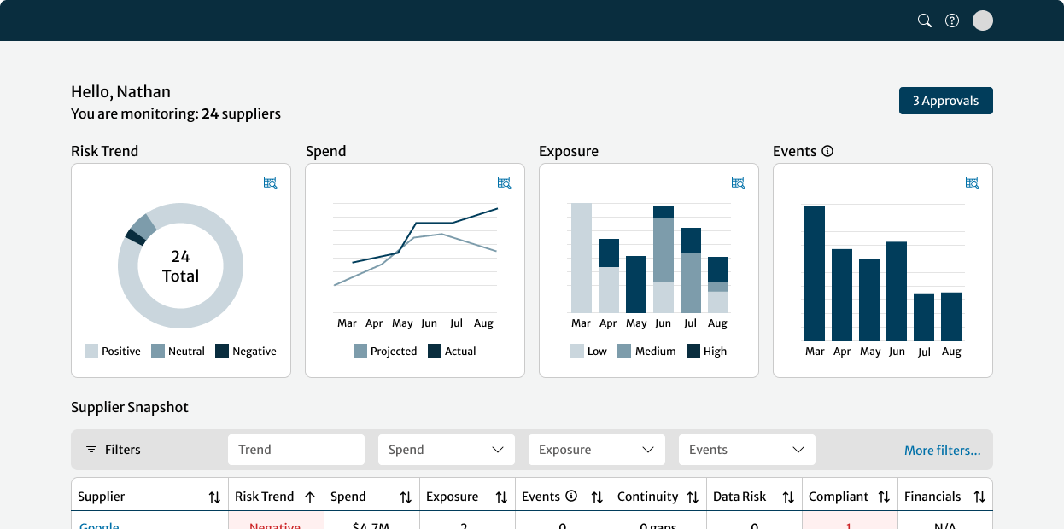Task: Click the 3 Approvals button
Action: tap(945, 101)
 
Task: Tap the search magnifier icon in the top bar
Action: tap(924, 20)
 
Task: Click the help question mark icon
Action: tap(952, 20)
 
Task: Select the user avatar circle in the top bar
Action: tap(983, 20)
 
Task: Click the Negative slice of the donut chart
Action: tap(134, 235)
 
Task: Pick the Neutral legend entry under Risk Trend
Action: tap(178, 351)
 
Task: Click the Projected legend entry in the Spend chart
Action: tap(385, 351)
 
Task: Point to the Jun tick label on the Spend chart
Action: tap(429, 323)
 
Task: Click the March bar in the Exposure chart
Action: tap(581, 258)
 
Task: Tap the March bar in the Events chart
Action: tap(815, 273)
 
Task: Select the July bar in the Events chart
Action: tap(924, 317)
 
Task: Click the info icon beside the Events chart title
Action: tap(827, 151)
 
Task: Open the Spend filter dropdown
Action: tap(446, 450)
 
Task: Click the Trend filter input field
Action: tap(295, 450)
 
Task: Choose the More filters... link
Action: tap(942, 451)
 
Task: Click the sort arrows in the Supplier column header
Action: tap(214, 497)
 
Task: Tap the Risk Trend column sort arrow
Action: tap(310, 497)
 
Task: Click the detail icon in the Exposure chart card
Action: tap(739, 183)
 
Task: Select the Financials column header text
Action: tap(932, 497)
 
